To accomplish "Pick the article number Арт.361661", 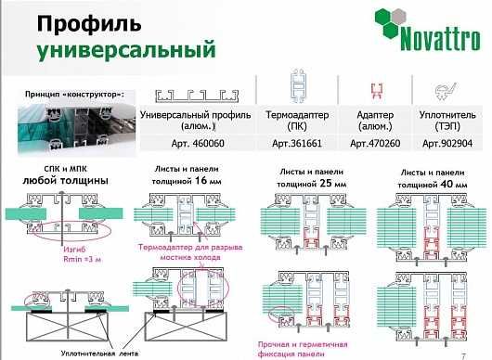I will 298,144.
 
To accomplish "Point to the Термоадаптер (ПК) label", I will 298,119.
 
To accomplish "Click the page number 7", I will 476,354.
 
